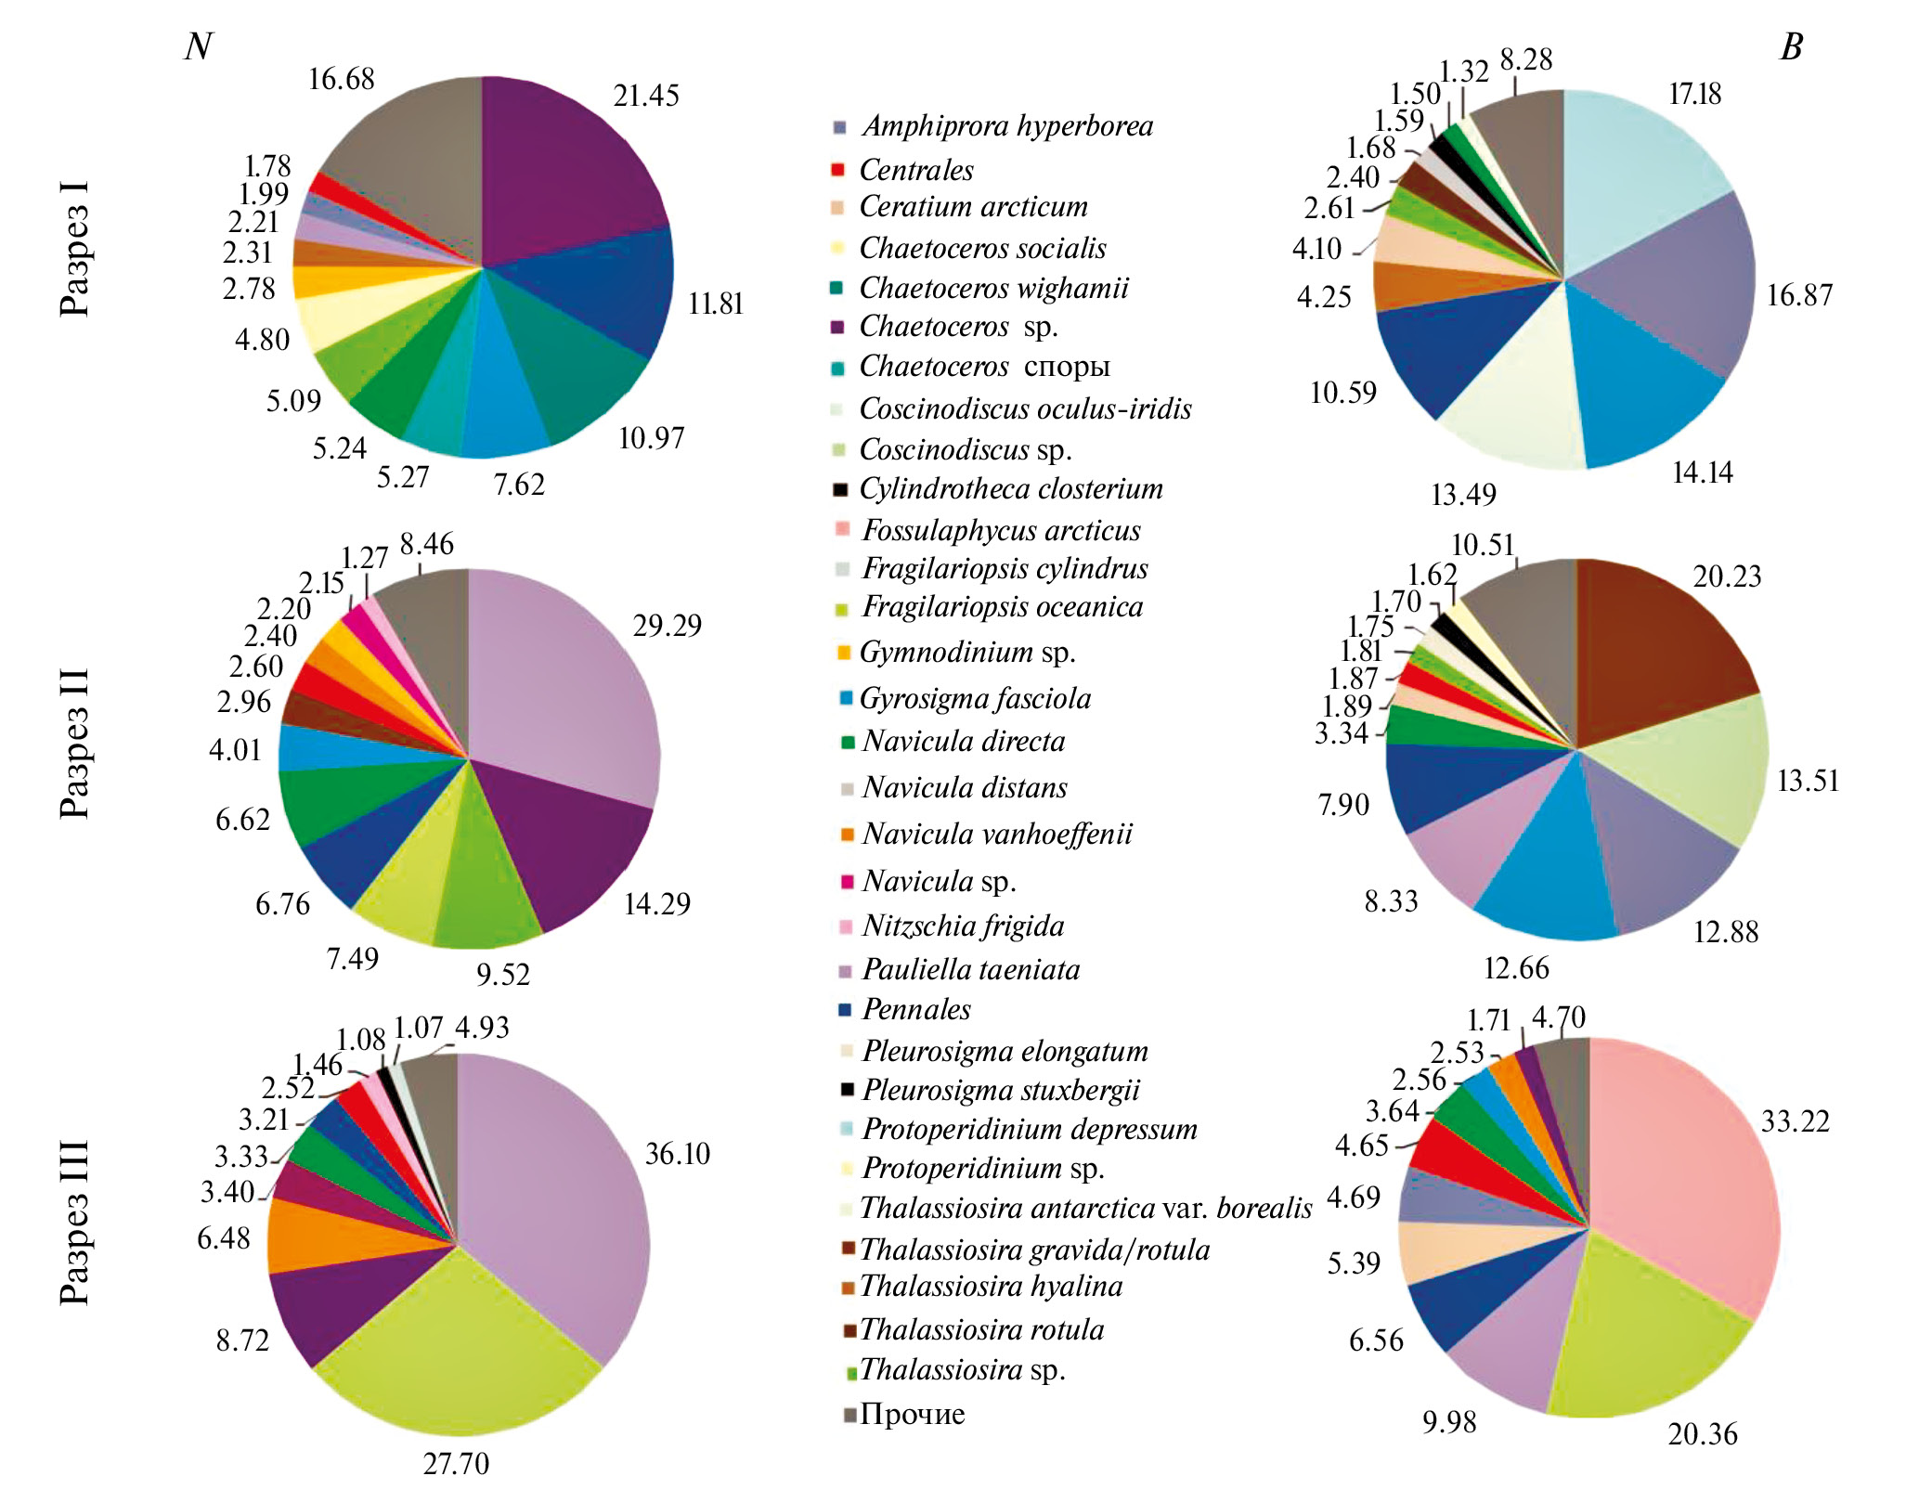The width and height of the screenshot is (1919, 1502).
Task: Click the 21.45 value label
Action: pyautogui.click(x=645, y=96)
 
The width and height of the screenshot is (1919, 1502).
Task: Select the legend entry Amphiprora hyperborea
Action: pyautogui.click(x=1006, y=126)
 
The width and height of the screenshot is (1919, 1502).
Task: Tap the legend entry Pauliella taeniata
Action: pyautogui.click(x=970, y=970)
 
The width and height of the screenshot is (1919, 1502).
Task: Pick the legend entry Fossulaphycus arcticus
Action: pyautogui.click(x=1001, y=530)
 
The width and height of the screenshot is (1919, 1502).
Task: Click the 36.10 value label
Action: pyautogui.click(x=677, y=1154)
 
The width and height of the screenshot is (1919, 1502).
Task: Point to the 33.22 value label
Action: pyautogui.click(x=1795, y=1121)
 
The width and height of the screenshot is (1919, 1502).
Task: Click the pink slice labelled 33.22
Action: pyautogui.click(x=1690, y=1170)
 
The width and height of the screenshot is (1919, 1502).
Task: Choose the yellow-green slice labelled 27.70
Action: pyautogui.click(x=455, y=1337)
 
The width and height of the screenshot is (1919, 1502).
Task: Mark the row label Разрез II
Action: pyautogui.click(x=75, y=743)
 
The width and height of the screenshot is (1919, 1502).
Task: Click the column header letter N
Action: pyautogui.click(x=199, y=46)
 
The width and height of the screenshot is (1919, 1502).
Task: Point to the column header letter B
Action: pyautogui.click(x=1791, y=46)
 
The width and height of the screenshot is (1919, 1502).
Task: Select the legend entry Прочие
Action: pyautogui.click(x=912, y=1414)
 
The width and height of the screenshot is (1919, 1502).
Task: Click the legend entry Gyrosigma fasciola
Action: pyautogui.click(x=975, y=698)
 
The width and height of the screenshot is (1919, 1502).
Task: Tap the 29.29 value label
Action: pyautogui.click(x=667, y=626)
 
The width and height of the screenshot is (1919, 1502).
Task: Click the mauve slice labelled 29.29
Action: pyautogui.click(x=566, y=687)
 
